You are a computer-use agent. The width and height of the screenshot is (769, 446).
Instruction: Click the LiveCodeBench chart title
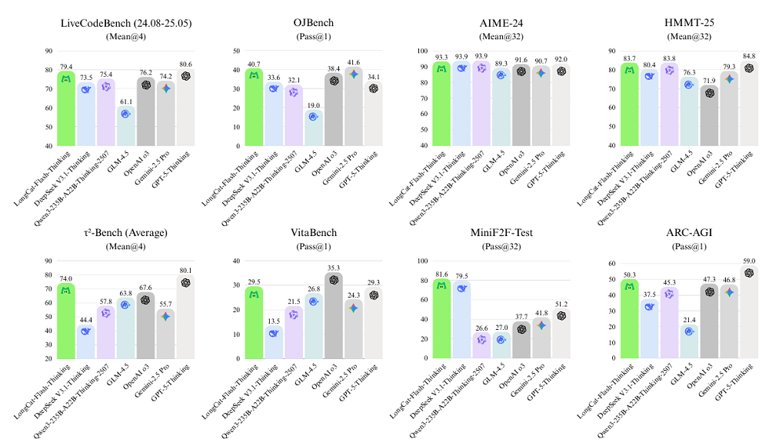125,22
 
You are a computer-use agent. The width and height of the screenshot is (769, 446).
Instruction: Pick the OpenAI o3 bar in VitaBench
333,315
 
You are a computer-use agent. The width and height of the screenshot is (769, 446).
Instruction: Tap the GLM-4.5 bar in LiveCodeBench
125,127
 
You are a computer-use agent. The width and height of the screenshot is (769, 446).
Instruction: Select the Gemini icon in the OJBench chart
354,75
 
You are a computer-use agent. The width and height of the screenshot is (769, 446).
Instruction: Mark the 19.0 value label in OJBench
313,105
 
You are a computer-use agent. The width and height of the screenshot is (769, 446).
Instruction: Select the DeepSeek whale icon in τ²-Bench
86,331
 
